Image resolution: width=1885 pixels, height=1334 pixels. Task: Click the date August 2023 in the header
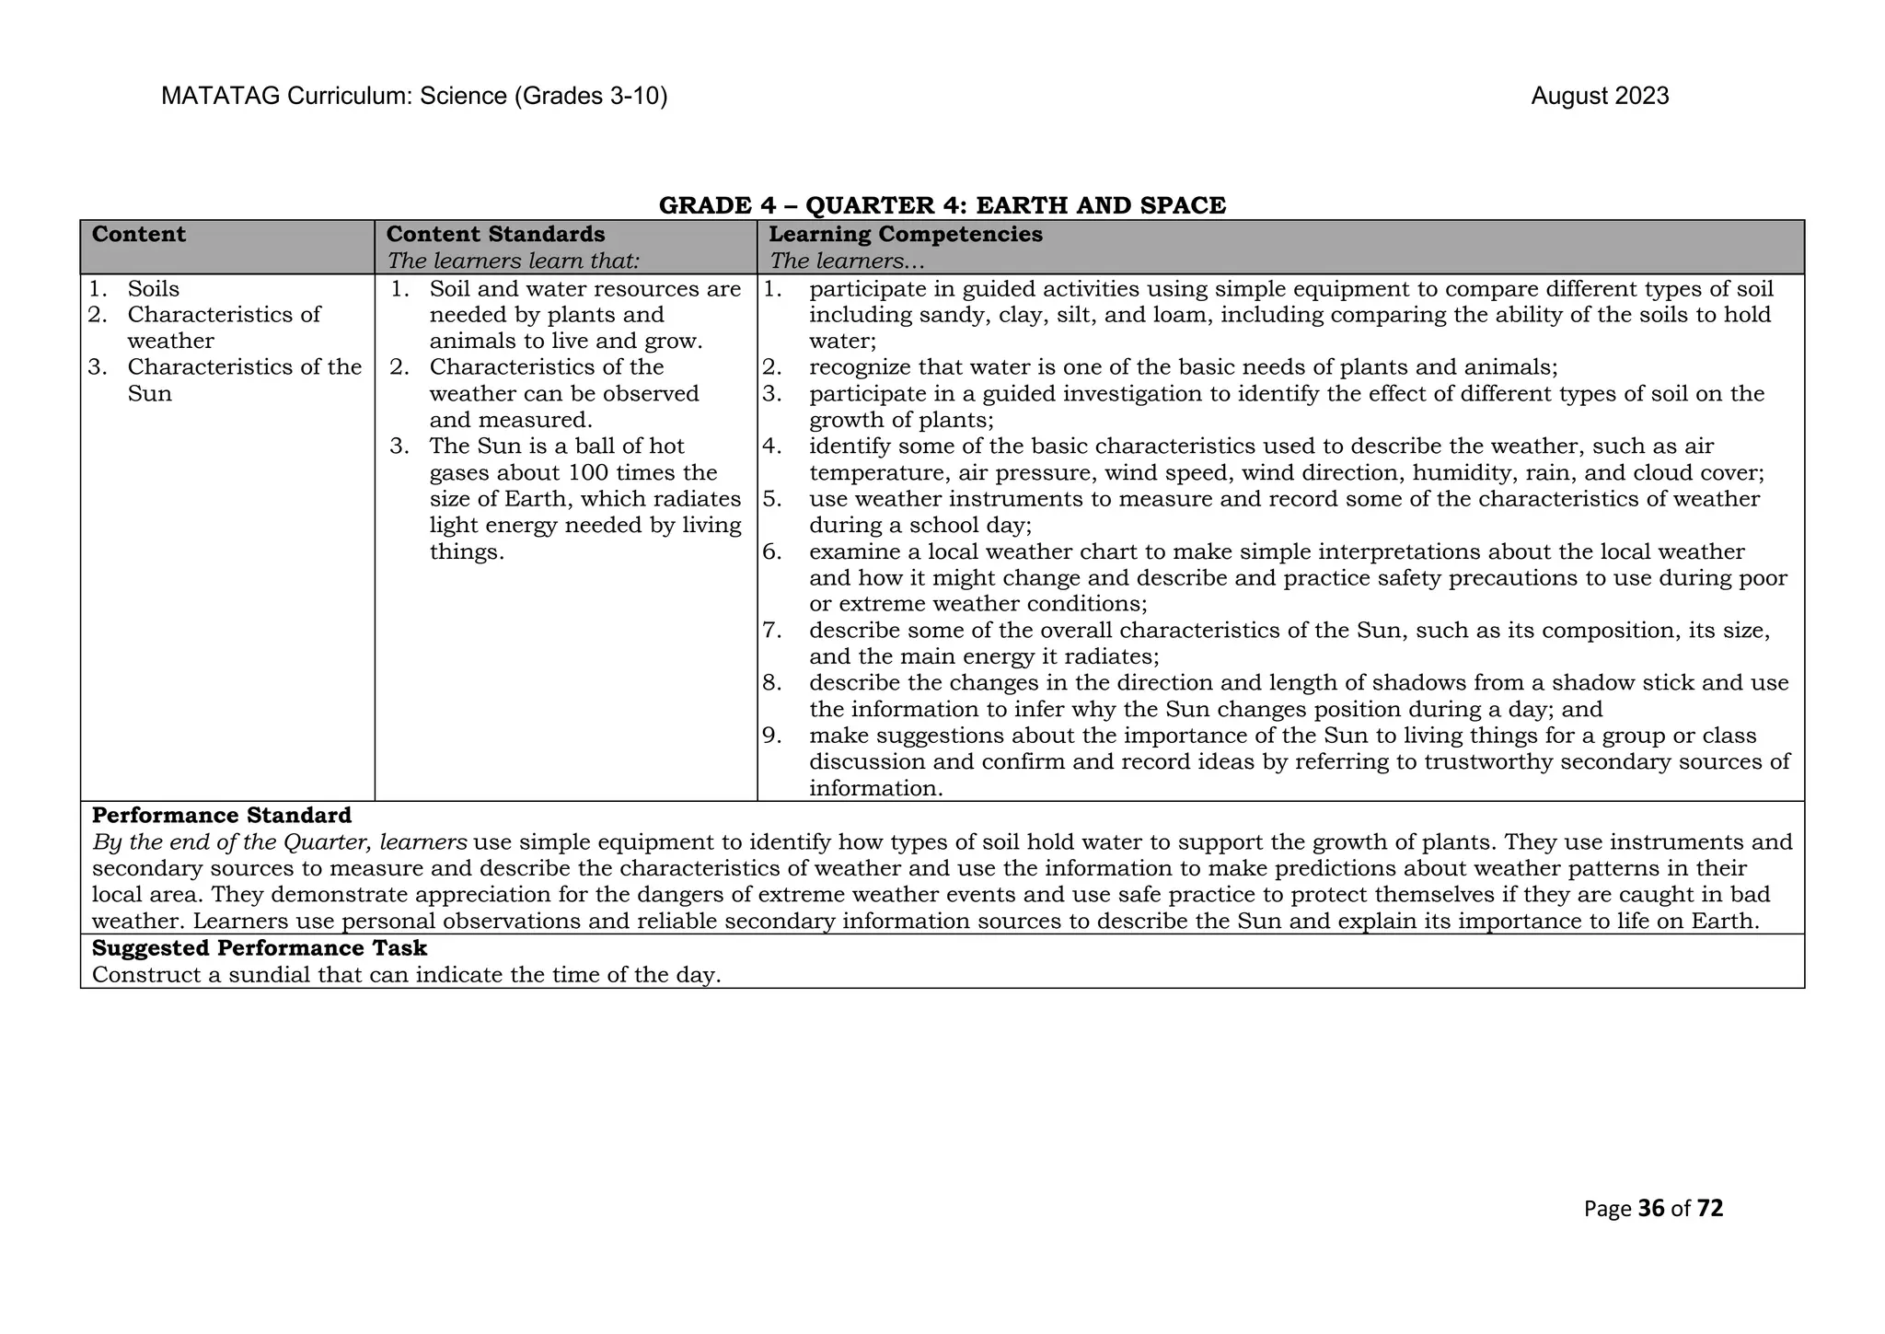[1600, 97]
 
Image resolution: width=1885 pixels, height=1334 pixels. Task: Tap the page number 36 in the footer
[1652, 1209]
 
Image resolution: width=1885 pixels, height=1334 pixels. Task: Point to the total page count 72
[1710, 1209]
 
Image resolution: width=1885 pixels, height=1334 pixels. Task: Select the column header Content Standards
[495, 235]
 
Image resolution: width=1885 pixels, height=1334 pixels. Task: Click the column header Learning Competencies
[906, 235]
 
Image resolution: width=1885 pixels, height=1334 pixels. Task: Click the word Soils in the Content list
[154, 289]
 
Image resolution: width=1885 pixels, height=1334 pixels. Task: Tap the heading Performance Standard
[222, 816]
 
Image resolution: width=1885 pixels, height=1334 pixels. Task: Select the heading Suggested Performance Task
[260, 948]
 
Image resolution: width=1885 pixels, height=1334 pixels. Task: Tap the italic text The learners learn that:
[513, 261]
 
